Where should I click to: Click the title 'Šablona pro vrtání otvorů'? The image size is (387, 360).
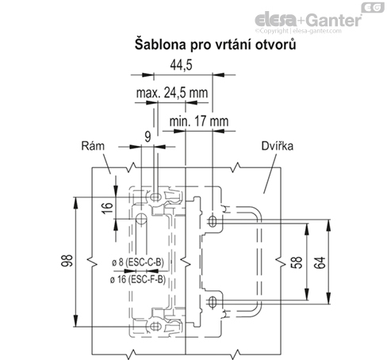(x=215, y=44)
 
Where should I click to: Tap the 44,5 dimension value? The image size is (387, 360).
(x=181, y=65)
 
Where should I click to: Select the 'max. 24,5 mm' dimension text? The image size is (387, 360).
(x=172, y=93)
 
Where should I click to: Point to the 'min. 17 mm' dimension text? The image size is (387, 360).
(x=199, y=121)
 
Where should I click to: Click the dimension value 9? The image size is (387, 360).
(x=148, y=137)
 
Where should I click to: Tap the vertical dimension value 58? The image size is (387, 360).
(x=297, y=262)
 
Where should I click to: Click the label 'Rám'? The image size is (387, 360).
(x=93, y=146)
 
